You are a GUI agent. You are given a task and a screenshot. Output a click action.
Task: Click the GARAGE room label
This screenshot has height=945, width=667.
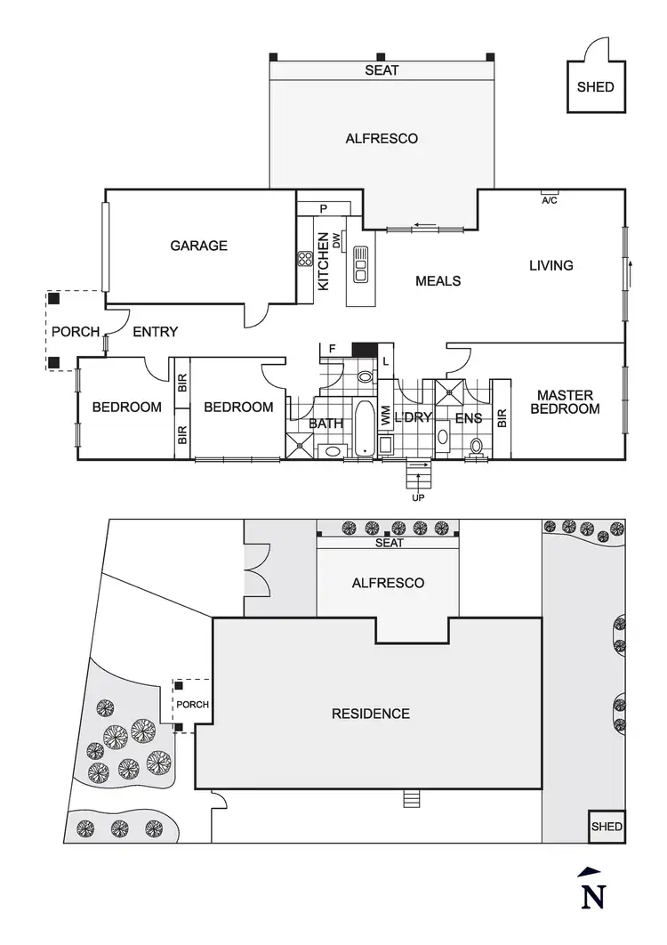199,246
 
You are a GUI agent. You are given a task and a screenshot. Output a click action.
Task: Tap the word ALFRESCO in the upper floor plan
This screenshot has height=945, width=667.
382,139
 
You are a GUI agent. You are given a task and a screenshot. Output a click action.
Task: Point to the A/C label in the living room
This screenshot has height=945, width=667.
549,199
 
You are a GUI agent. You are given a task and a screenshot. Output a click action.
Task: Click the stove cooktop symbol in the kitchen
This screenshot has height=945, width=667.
305,260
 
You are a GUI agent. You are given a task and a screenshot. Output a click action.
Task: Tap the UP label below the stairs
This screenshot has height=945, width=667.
419,498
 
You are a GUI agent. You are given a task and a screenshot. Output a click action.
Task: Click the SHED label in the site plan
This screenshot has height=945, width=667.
607,827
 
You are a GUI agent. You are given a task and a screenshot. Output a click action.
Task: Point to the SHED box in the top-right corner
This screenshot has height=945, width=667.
595,87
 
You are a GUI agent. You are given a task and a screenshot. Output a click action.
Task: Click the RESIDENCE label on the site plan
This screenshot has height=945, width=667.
371,714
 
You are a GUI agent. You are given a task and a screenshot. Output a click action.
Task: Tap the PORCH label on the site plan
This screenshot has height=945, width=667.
193,705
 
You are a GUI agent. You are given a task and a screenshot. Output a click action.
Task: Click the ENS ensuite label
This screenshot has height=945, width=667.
468,418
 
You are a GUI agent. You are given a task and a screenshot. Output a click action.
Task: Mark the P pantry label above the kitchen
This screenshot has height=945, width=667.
324,209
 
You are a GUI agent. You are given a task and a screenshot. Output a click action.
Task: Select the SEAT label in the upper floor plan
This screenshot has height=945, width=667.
382,70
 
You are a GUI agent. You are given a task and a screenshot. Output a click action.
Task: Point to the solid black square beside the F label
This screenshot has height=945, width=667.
365,349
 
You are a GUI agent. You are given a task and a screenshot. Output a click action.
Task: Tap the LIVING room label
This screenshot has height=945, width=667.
551,265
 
